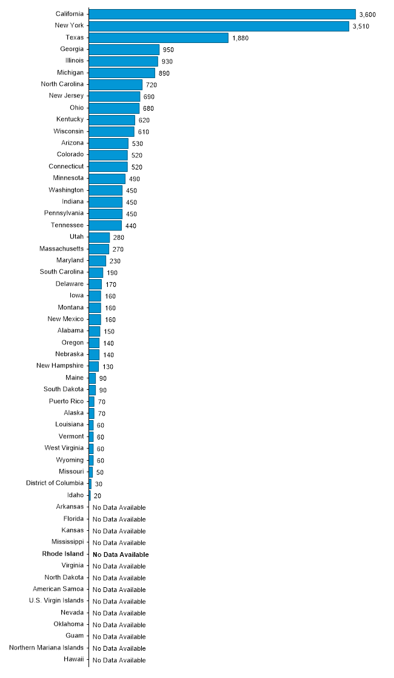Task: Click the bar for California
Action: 222,14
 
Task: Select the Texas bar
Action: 158,38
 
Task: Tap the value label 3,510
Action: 362,26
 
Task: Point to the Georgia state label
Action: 72,49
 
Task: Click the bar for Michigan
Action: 122,73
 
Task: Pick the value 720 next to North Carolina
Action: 152,85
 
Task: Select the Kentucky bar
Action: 112,120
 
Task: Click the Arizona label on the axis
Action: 73,143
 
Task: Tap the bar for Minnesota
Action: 107,179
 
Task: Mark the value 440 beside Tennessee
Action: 131,226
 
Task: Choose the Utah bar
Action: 99,237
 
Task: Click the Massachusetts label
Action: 62,249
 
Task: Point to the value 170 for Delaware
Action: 110,285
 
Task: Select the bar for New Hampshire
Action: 93,366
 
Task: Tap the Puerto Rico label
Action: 67,401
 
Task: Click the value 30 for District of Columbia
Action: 99,484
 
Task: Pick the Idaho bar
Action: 90,495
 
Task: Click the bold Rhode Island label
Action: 63,554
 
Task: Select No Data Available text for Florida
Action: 119,519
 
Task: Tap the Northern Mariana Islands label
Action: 47,648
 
